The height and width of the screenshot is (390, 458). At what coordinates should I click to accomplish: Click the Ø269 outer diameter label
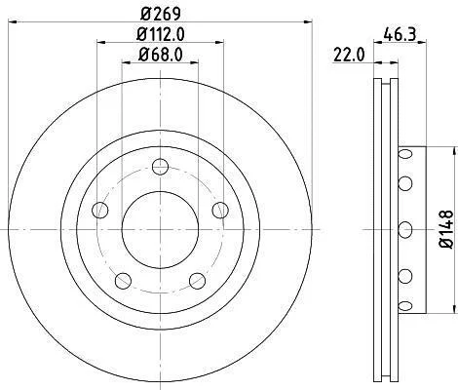click(161, 14)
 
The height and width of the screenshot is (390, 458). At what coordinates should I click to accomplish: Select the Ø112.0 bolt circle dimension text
click(161, 34)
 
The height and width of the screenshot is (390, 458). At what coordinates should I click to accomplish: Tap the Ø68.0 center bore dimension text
click(161, 55)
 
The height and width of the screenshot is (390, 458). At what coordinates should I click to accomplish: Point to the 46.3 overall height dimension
click(400, 34)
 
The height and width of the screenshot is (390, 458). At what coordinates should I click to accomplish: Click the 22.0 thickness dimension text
click(349, 55)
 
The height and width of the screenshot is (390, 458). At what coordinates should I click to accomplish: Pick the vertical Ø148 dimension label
click(446, 229)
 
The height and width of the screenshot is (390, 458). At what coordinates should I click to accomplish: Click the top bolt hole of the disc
click(161, 167)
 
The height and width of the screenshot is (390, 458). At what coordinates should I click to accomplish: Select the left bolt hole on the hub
click(100, 210)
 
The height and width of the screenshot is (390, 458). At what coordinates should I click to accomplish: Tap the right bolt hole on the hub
click(220, 210)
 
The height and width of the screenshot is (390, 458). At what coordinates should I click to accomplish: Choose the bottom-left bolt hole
click(124, 281)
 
